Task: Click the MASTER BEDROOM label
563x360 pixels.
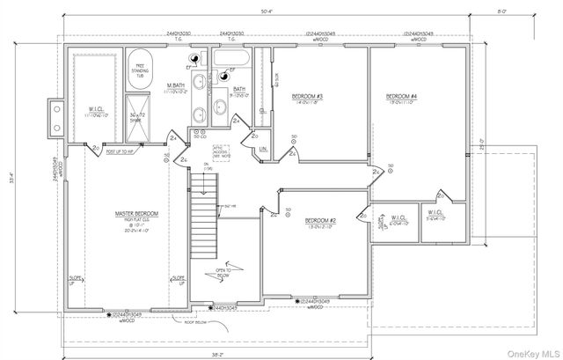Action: pos(135,214)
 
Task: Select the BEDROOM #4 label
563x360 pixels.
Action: pos(401,95)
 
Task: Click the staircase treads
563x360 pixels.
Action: pos(203,202)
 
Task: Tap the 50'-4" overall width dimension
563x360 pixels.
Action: pos(267,11)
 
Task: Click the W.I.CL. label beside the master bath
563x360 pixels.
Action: pos(93,112)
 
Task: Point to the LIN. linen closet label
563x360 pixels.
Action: pos(263,150)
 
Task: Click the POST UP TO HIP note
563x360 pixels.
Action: pos(119,151)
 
